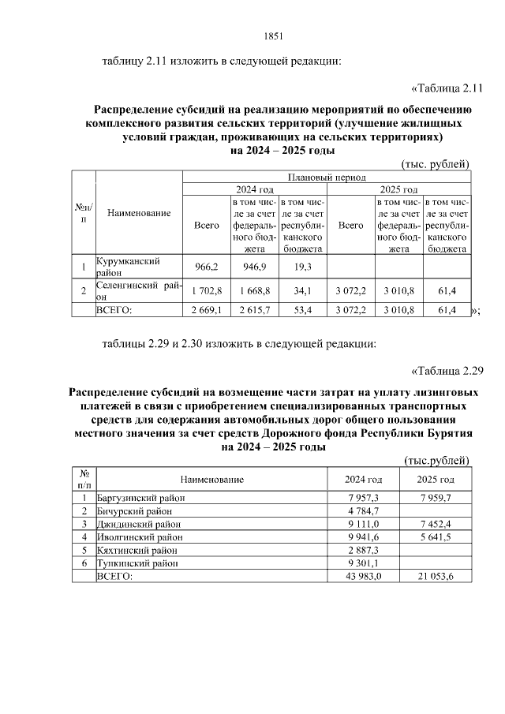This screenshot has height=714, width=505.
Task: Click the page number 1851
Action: point(272,36)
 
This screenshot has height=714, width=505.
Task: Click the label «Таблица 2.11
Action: point(448,87)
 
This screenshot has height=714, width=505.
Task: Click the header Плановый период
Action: point(327,178)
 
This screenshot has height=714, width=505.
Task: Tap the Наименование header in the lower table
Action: point(211,479)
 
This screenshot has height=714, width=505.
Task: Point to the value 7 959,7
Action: point(435,499)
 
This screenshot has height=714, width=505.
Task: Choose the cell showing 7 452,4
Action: point(435,524)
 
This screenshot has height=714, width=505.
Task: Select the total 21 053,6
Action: point(435,576)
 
